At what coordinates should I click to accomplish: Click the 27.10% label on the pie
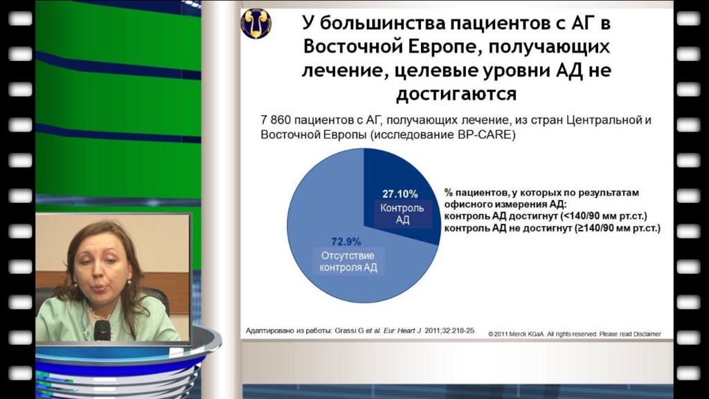point(400,194)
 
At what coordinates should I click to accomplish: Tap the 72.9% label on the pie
point(346,242)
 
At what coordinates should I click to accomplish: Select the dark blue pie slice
point(398,199)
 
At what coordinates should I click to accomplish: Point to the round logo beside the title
point(256,24)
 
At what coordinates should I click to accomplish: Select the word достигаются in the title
point(456,94)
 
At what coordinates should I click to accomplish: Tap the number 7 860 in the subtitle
point(275,121)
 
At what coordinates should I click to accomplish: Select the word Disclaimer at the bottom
point(647,335)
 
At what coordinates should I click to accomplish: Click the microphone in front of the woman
point(102,330)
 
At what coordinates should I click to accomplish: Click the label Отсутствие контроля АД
point(348,261)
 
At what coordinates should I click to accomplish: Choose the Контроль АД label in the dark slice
point(402,214)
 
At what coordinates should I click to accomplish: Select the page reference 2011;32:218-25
point(450,330)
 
